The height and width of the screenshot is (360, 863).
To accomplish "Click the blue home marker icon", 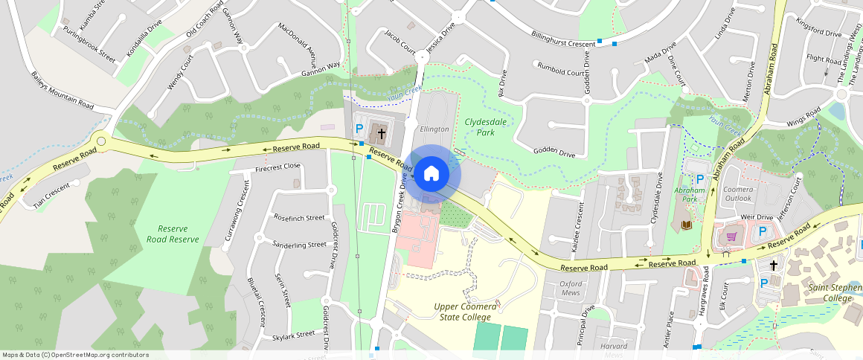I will [x=431, y=174].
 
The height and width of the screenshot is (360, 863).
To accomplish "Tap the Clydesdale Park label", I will [x=480, y=126].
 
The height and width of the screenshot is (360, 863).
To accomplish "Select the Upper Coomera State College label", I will [x=477, y=312].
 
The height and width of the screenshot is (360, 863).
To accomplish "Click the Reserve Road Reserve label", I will [x=173, y=234].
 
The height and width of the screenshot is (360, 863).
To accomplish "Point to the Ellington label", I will [x=434, y=129].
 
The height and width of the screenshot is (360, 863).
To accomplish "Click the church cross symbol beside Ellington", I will [x=382, y=134].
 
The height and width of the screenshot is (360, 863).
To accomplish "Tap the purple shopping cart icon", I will [x=731, y=237].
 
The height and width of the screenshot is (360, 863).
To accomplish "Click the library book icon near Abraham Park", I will [x=686, y=225].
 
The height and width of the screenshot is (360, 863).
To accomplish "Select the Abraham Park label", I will [x=689, y=195].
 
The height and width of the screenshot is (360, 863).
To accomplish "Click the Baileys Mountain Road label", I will [x=62, y=91].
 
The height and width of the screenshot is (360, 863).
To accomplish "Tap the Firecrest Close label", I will [x=277, y=167].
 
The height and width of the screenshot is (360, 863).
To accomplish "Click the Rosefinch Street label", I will [x=299, y=218].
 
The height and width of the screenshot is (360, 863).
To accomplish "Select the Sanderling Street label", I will [x=299, y=244].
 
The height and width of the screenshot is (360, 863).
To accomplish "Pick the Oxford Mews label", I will [x=570, y=288].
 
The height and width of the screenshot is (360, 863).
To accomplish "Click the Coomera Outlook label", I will [x=738, y=194].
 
